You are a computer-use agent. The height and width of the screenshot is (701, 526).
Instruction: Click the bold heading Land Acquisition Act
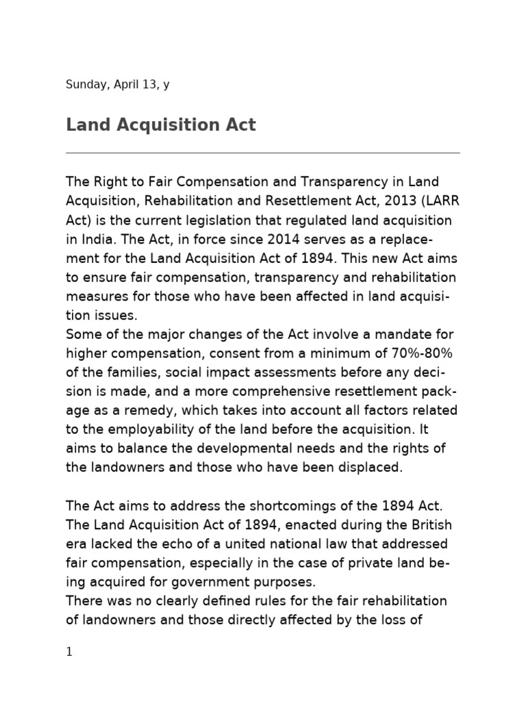pyautogui.click(x=161, y=125)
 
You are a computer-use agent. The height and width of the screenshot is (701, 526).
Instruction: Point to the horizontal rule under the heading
pyautogui.click(x=263, y=153)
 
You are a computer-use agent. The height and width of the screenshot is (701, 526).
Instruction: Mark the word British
pyautogui.click(x=423, y=524)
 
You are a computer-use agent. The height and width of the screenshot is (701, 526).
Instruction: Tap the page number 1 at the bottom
pyautogui.click(x=69, y=652)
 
